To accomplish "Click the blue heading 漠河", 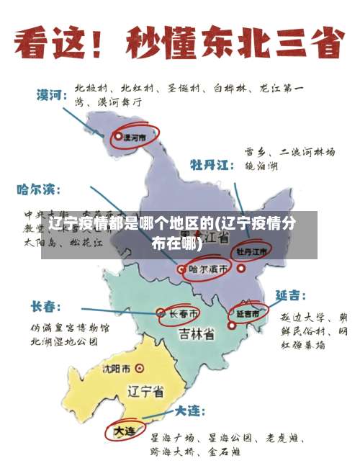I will pyautogui.click(x=53, y=94).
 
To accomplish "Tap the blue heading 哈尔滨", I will pyautogui.click(x=39, y=190).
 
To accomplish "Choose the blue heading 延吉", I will pyautogui.click(x=290, y=295).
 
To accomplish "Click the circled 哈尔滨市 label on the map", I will pyautogui.click(x=210, y=269).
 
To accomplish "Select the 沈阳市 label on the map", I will pyautogui.click(x=116, y=369).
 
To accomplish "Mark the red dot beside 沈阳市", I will pyautogui.click(x=139, y=369).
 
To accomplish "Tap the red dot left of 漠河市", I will pyautogui.click(x=118, y=135).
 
